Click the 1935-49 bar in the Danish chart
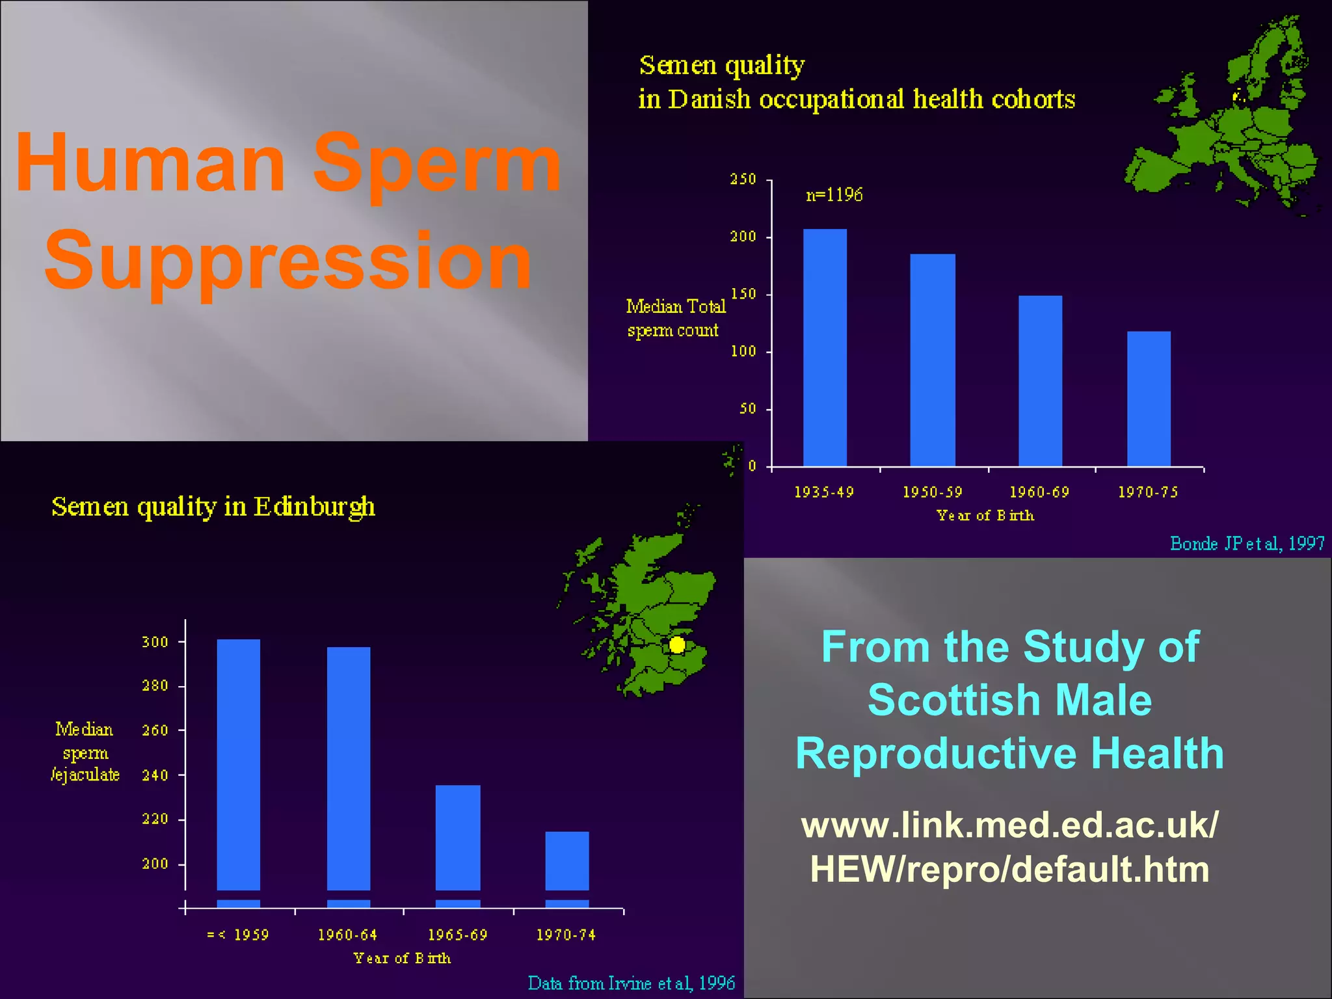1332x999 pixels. [825, 348]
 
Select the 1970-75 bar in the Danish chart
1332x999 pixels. [1149, 399]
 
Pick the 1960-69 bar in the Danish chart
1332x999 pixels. [1040, 381]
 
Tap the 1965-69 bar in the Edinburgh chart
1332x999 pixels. [458, 837]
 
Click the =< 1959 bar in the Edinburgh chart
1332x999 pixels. [238, 764]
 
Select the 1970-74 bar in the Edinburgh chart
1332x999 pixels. [566, 860]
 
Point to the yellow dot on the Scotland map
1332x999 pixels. [677, 645]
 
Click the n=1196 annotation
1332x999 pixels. [834, 195]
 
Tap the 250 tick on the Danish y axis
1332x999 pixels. [743, 180]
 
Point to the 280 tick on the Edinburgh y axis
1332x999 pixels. [155, 686]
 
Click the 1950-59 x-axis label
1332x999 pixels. [932, 492]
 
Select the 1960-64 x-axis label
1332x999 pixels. [347, 935]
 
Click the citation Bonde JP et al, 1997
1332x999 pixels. [1247, 544]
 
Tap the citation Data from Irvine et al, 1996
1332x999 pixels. [631, 983]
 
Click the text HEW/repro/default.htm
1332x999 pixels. [1009, 869]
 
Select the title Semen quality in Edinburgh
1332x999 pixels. [213, 507]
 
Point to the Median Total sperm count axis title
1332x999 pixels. [675, 318]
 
